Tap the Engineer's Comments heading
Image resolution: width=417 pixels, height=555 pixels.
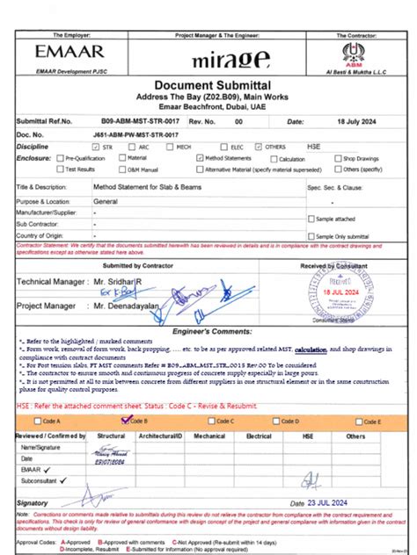(x=208, y=335)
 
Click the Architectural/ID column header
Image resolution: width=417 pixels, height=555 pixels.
(x=160, y=435)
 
